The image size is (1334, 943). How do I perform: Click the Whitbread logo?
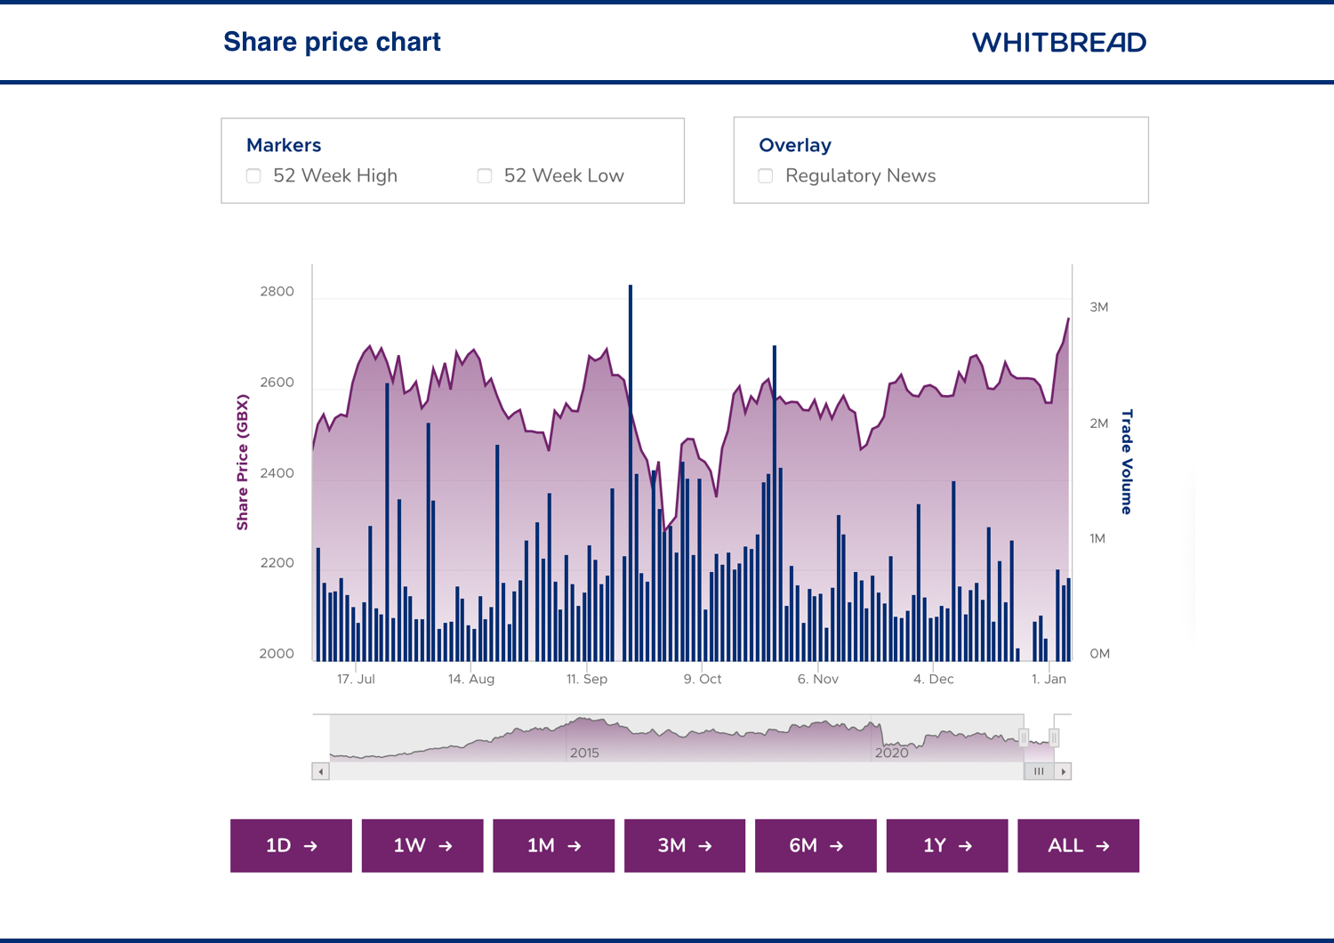pyautogui.click(x=1058, y=43)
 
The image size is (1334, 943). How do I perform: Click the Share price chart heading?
pyautogui.click(x=332, y=42)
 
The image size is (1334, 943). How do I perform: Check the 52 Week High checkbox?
pyautogui.click(x=254, y=176)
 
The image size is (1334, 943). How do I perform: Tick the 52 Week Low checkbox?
pyautogui.click(x=485, y=176)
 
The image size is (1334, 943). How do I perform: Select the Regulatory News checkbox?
pyautogui.click(x=766, y=176)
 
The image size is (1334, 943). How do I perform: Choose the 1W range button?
pyautogui.click(x=422, y=845)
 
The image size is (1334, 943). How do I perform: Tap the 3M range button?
pyautogui.click(x=685, y=845)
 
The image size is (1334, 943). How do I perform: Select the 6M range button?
pyautogui.click(x=816, y=845)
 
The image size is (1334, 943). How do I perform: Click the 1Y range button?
pyautogui.click(x=947, y=845)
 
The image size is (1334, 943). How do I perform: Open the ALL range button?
pyautogui.click(x=1078, y=845)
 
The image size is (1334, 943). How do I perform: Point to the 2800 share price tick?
pyautogui.click(x=277, y=292)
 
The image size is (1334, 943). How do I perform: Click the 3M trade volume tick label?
pyautogui.click(x=1099, y=308)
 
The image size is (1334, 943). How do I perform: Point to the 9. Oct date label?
pyautogui.click(x=703, y=679)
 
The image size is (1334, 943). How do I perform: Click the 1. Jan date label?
pyautogui.click(x=1049, y=679)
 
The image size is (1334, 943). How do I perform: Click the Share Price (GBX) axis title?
pyautogui.click(x=242, y=463)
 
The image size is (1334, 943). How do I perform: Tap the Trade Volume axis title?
pyautogui.click(x=1127, y=462)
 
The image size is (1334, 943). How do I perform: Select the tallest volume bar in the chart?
pyautogui.click(x=631, y=471)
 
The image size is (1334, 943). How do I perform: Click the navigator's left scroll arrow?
pyautogui.click(x=321, y=771)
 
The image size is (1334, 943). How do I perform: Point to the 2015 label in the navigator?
pyautogui.click(x=584, y=753)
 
